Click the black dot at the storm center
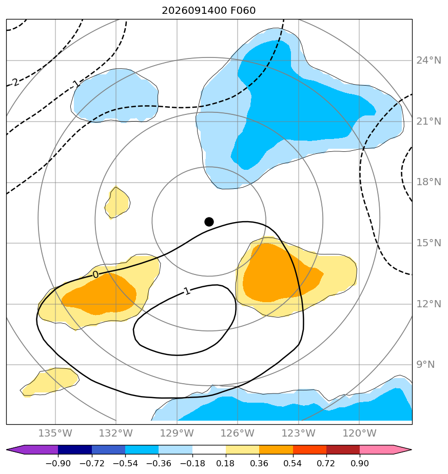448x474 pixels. point(209,222)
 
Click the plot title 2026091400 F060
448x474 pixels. point(209,11)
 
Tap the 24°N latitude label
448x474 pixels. point(428,61)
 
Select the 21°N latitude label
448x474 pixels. point(428,122)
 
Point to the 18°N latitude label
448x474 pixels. point(428,182)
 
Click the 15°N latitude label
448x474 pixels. point(428,243)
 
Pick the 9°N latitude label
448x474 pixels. point(425,365)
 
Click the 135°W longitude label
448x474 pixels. point(55,433)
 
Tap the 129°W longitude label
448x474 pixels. point(177,433)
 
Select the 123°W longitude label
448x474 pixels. point(299,433)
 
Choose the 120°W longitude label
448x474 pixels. point(359,433)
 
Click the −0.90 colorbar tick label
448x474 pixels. point(58,463)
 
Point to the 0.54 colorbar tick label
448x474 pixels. point(293,463)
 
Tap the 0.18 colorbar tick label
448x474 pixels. point(226,463)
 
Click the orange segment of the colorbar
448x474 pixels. point(276,449)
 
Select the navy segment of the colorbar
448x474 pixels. point(75,449)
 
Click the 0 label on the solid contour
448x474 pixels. point(95,274)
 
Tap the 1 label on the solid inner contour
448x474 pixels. point(187,291)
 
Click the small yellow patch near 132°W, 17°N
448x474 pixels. point(118,203)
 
